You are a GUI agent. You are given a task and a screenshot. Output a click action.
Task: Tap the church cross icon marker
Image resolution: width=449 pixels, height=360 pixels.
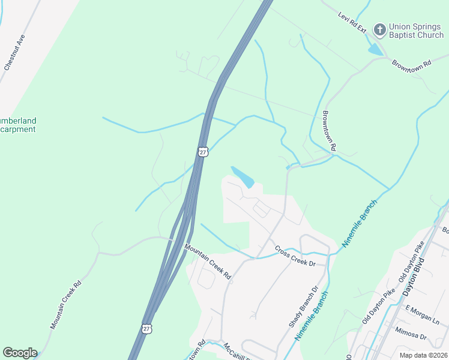coord(379,29)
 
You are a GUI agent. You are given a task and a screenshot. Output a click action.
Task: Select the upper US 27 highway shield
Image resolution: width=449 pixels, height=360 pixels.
coord(203,152)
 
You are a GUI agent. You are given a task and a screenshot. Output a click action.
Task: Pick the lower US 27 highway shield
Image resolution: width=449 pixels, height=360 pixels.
coord(147,328)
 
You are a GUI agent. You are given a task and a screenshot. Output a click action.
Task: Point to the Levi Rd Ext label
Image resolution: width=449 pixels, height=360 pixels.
coord(352,23)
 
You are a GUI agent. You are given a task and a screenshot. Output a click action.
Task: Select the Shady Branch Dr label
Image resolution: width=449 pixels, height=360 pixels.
coord(303,306)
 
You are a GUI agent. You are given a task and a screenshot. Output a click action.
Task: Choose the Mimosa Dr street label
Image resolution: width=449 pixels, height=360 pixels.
coord(410,331)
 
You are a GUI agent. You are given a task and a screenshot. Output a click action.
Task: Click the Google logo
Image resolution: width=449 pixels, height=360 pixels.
coord(20,353)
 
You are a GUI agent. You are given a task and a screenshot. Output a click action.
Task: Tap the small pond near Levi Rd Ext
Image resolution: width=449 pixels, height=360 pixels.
coord(376,50)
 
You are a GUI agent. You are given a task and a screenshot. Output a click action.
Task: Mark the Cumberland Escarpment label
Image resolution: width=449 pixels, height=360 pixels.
coord(18,125)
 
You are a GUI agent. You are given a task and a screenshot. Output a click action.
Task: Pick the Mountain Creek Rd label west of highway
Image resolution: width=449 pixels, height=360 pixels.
coord(65,306)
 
